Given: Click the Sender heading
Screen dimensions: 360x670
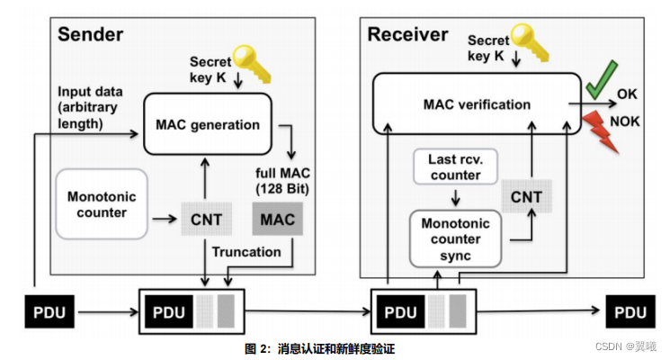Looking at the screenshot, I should pyautogui.click(x=90, y=35).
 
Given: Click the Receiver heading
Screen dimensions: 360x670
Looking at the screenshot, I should pyautogui.click(x=407, y=35).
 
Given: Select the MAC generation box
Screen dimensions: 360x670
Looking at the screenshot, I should pyautogui.click(x=208, y=124).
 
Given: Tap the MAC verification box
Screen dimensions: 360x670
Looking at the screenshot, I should pyautogui.click(x=477, y=104).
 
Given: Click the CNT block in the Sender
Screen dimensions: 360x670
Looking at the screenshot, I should pyautogui.click(x=208, y=218).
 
